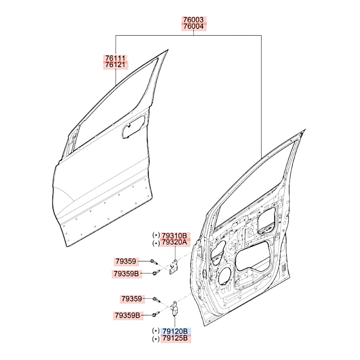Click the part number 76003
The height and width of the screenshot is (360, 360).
coord(193,19)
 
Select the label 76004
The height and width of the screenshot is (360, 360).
coord(193,26)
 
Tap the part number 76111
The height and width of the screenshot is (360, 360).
coord(116,58)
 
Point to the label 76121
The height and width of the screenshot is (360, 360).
coord(116,65)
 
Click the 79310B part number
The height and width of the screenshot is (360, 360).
coord(175,235)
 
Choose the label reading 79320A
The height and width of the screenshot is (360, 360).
coord(175,242)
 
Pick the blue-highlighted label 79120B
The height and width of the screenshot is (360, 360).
coord(175,331)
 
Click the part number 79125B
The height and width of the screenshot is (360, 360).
coord(175,338)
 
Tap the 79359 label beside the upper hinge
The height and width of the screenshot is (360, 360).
coord(126,261)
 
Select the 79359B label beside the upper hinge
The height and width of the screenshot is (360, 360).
coord(126,274)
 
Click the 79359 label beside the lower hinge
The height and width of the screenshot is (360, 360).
coord(132,299)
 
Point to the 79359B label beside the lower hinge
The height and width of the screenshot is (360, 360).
coord(127,315)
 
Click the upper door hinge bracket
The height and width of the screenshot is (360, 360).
coord(174,267)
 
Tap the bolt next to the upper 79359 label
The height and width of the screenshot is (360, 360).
coord(154,262)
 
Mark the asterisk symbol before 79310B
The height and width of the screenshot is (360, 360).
coord(156,235)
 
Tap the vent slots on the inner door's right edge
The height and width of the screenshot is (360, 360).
coord(284,267)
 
